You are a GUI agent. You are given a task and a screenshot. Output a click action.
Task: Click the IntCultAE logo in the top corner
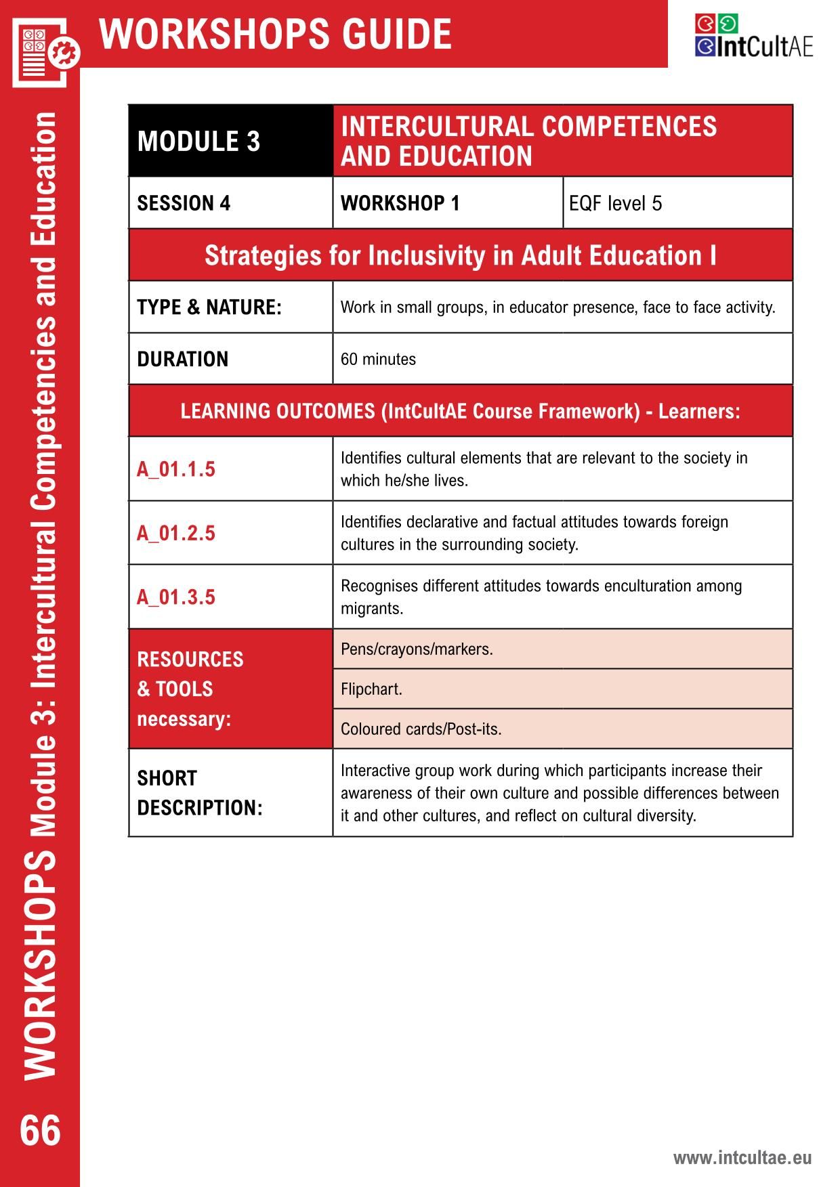(x=753, y=37)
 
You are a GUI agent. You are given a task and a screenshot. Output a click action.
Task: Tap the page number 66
(x=41, y=1130)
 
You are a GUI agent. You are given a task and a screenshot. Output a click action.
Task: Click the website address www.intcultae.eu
(x=742, y=1157)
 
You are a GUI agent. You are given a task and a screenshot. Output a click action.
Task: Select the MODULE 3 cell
(x=198, y=142)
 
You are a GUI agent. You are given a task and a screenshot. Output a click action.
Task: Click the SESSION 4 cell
(x=184, y=203)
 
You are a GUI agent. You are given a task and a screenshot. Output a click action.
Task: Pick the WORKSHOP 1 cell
(x=400, y=203)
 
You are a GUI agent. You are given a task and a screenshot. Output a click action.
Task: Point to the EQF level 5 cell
(x=615, y=203)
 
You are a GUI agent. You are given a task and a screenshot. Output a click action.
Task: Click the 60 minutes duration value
(x=378, y=359)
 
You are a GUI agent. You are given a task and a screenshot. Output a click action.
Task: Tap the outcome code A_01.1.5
(x=176, y=469)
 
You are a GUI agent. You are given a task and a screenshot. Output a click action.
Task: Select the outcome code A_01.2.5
(x=176, y=533)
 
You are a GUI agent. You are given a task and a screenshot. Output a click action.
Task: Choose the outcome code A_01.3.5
(x=176, y=597)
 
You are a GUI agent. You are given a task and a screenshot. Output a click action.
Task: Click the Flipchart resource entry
(x=371, y=689)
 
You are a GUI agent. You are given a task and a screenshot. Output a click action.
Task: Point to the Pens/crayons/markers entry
(x=417, y=649)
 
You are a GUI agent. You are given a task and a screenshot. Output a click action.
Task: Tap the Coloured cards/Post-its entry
(x=421, y=729)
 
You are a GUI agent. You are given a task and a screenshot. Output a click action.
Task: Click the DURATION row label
(x=183, y=359)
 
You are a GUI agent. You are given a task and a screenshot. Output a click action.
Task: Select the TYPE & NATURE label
(x=209, y=307)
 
